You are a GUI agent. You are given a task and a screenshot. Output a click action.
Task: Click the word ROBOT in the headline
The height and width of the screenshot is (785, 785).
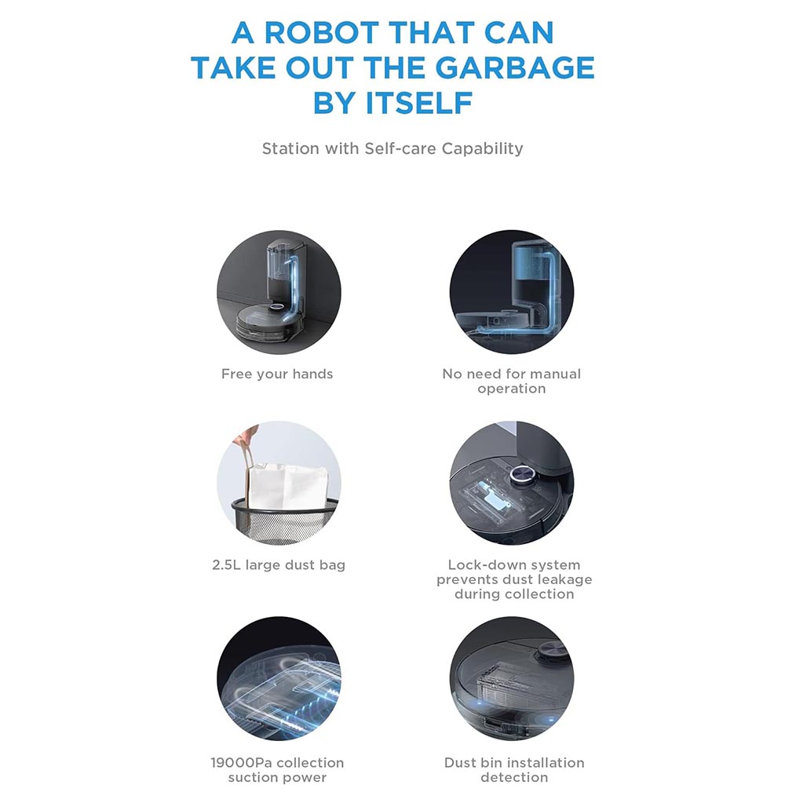pyautogui.click(x=321, y=33)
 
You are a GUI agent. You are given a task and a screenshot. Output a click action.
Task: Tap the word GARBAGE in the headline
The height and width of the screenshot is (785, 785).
pyautogui.click(x=515, y=68)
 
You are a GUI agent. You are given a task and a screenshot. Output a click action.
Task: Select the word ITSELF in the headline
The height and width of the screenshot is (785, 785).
pyautogui.click(x=419, y=103)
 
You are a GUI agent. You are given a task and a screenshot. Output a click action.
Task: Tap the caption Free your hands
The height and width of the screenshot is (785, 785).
pyautogui.click(x=277, y=374)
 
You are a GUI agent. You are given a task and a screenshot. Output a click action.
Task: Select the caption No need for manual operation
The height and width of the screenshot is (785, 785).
pyautogui.click(x=512, y=381)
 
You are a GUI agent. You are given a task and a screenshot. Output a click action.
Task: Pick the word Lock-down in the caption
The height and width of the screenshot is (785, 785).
pyautogui.click(x=478, y=564)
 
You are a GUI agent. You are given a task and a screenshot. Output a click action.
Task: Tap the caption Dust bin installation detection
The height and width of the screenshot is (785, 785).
pyautogui.click(x=514, y=769)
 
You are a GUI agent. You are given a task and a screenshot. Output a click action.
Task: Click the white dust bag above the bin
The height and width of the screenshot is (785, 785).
pyautogui.click(x=288, y=486)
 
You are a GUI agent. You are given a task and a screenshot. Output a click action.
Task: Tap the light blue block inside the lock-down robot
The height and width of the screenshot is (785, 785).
pyautogui.click(x=495, y=496)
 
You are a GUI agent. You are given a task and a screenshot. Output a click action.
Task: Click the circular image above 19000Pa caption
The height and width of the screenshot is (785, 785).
pyautogui.click(x=279, y=679)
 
